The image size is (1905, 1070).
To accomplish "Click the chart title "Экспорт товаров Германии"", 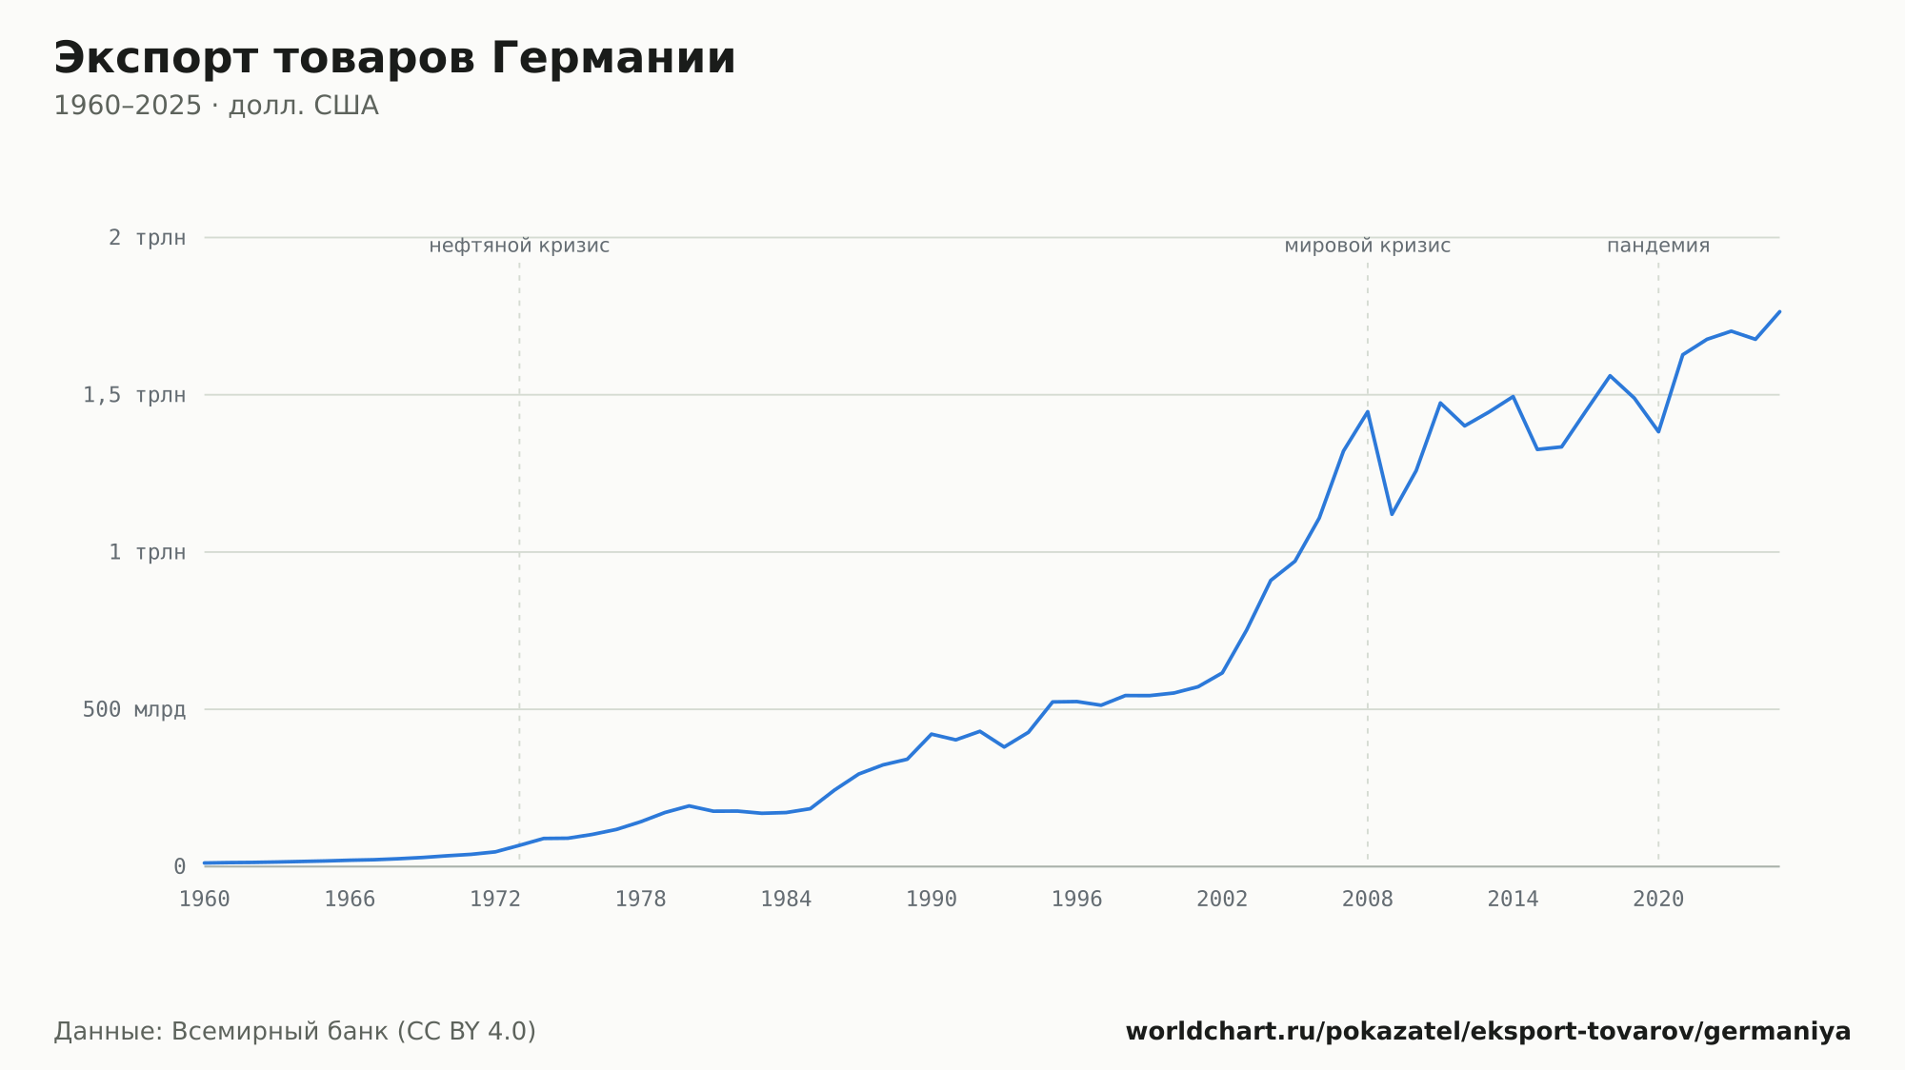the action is click(x=394, y=58).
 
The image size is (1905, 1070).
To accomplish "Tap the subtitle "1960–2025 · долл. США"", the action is click(x=216, y=106).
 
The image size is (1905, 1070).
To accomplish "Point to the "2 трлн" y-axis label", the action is click(x=147, y=238).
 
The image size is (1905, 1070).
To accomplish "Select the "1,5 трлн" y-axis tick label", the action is click(x=134, y=395).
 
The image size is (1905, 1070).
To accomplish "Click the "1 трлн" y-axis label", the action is click(x=147, y=552).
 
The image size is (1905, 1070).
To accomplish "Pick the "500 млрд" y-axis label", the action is click(x=134, y=709).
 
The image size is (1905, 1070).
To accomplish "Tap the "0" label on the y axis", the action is click(x=179, y=867).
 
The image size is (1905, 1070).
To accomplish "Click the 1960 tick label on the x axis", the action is click(x=205, y=900).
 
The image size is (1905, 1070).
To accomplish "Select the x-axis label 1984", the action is click(x=786, y=900).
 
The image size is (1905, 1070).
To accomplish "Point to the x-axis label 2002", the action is click(x=1222, y=900).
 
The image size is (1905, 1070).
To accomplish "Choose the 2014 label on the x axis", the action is click(x=1513, y=900).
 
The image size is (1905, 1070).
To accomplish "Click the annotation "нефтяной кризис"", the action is click(x=519, y=246).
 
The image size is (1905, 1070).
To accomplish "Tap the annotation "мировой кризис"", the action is click(x=1368, y=246).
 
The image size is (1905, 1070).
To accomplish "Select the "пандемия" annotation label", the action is click(x=1658, y=246).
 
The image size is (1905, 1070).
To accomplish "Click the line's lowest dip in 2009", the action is click(x=1392, y=514).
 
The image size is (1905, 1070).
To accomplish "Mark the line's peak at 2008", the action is click(x=1368, y=411).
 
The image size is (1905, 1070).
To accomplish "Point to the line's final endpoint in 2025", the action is click(x=1779, y=311).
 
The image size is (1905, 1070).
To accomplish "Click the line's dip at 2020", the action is click(x=1658, y=432).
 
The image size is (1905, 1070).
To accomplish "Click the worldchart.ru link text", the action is click(x=1488, y=1032).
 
